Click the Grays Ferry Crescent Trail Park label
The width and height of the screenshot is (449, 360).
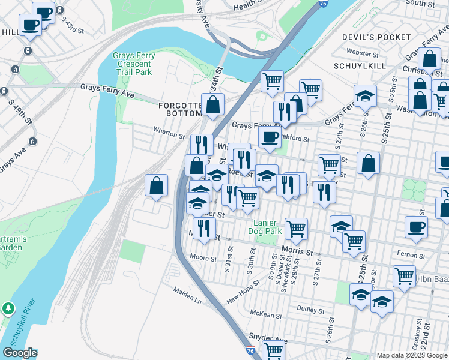coord(134,64)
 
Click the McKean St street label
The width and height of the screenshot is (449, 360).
coord(266,314)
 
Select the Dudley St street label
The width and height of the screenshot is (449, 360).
coord(310,308)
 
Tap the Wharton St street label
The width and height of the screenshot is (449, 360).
coord(169,135)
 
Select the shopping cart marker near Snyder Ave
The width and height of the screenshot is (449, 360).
coord(273,350)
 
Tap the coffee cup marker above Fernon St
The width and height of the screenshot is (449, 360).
coord(416,226)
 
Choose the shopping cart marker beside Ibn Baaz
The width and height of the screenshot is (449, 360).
coord(404,275)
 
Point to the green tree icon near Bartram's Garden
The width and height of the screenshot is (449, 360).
coord(8,308)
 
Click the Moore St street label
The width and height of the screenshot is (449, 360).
coord(203,259)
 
